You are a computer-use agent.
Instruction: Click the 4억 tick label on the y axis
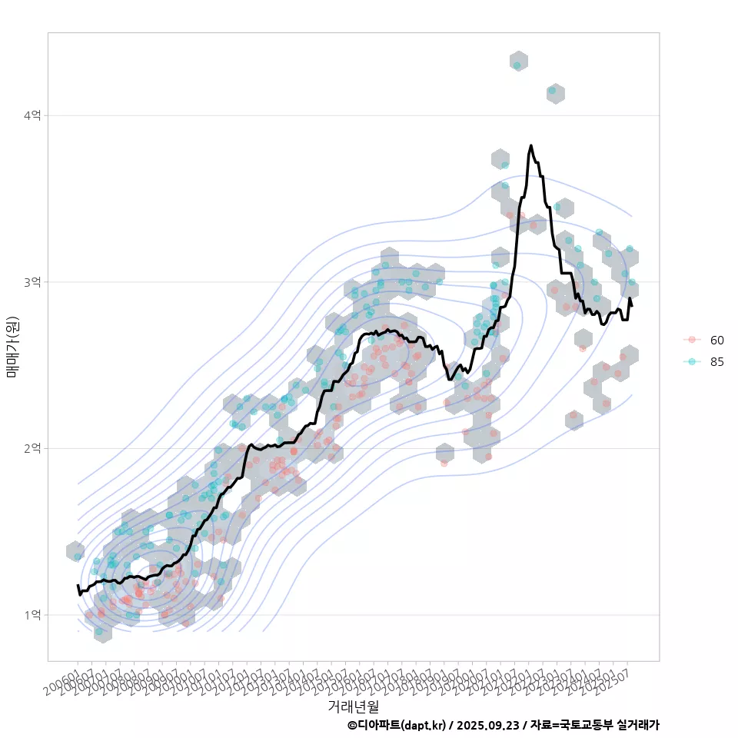[32, 115]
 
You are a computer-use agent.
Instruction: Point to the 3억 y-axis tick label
[32, 282]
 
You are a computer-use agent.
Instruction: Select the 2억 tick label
[32, 448]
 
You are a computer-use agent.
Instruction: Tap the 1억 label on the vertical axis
[32, 615]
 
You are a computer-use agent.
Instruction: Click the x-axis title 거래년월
[353, 706]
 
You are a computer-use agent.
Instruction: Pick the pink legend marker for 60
[692, 340]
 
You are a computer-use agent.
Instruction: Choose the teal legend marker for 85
[692, 362]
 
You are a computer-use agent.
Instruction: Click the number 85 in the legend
[717, 362]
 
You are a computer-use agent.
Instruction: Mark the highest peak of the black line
[530, 145]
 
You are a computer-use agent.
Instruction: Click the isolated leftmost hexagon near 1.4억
[75, 551]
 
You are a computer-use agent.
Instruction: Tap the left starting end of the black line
[78, 586]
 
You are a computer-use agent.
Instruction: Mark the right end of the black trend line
[632, 306]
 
